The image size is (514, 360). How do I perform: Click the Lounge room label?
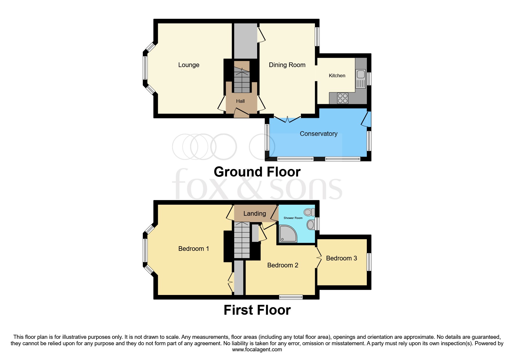pyautogui.click(x=189, y=65)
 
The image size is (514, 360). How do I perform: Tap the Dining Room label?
pyautogui.click(x=287, y=65)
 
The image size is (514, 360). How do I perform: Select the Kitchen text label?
pyautogui.click(x=337, y=75)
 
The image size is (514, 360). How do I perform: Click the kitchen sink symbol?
pyautogui.click(x=361, y=78)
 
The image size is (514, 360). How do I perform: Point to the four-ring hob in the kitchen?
pyautogui.click(x=343, y=98)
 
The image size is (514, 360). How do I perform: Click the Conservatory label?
pyautogui.click(x=318, y=134)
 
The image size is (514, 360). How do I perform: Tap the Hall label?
pyautogui.click(x=240, y=101)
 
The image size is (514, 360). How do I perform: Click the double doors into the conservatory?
pyautogui.click(x=287, y=120)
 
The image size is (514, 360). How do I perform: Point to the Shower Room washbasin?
pyautogui.click(x=311, y=224)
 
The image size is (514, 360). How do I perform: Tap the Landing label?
pyautogui.click(x=255, y=214)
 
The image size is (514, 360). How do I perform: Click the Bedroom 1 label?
pyautogui.click(x=193, y=249)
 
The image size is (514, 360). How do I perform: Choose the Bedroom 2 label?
pyautogui.click(x=282, y=265)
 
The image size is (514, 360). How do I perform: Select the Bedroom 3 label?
pyautogui.click(x=341, y=258)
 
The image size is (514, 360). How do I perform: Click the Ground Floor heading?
pyautogui.click(x=257, y=172)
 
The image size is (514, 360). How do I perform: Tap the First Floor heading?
pyautogui.click(x=257, y=310)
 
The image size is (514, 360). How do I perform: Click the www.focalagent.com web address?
pyautogui.click(x=257, y=350)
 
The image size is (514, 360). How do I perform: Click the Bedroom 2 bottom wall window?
pyautogui.click(x=291, y=297)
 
